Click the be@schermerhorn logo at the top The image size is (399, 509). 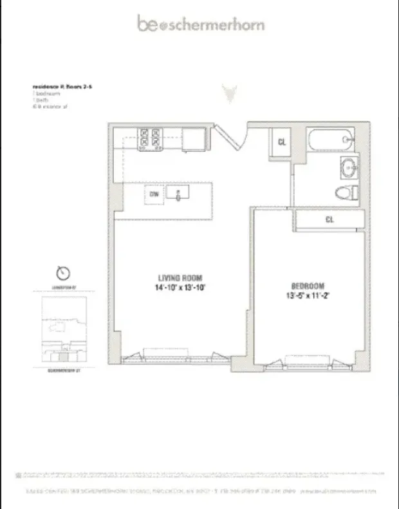[x=200, y=24]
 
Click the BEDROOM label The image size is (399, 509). [x=306, y=286]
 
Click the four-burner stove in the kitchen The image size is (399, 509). [x=150, y=139]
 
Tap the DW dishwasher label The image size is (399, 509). [x=154, y=194]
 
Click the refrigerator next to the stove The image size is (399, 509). [x=192, y=139]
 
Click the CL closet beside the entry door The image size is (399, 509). [x=282, y=142]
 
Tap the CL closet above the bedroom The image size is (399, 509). [x=329, y=219]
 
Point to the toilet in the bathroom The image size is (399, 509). [x=348, y=192]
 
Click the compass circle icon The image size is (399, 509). [x=62, y=272]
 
